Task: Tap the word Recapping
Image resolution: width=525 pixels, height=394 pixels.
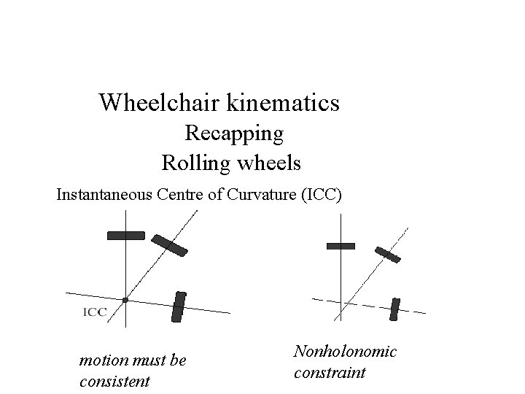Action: [234, 134]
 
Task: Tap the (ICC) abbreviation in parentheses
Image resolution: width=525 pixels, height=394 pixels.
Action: [319, 195]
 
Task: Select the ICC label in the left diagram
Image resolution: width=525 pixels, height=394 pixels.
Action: [96, 312]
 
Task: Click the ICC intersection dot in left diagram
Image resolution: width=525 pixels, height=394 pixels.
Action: [125, 300]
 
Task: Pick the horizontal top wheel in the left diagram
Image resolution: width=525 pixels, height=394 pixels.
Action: [126, 235]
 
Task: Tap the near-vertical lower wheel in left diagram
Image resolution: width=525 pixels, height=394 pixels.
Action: [179, 306]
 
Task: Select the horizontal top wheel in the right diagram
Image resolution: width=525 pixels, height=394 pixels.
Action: [341, 247]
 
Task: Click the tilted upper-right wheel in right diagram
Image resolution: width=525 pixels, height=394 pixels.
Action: [388, 254]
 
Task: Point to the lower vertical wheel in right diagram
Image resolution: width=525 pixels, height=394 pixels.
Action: [394, 309]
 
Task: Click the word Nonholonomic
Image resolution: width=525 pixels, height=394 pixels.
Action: [345, 352]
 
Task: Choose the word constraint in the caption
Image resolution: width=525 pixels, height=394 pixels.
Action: [330, 373]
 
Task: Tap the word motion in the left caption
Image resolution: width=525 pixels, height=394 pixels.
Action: [101, 360]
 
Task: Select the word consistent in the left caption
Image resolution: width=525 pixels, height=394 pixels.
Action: [114, 380]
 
